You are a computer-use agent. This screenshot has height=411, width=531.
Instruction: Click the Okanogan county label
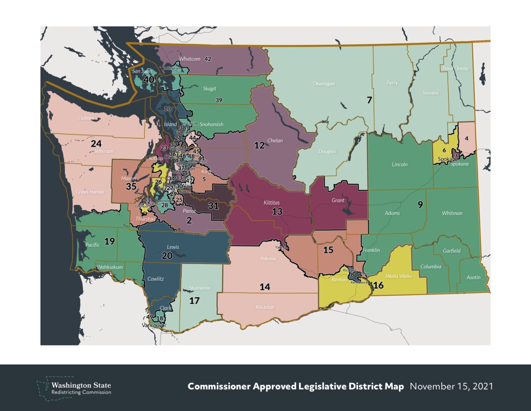[x=324, y=84]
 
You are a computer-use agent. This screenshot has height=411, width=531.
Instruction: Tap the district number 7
[x=369, y=100]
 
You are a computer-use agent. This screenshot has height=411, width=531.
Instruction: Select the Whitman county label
[x=452, y=213]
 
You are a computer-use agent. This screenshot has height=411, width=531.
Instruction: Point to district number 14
[x=265, y=287]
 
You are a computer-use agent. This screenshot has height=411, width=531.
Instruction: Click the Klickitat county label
[x=265, y=307]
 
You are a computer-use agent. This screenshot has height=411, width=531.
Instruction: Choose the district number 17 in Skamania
[x=194, y=301]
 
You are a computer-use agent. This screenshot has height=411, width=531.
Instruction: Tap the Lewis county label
[x=173, y=247]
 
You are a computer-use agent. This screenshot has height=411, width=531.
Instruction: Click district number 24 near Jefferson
[x=96, y=143]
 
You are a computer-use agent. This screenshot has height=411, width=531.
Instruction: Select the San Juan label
[x=142, y=71]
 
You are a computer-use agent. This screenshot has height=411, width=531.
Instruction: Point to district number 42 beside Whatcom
[x=208, y=59]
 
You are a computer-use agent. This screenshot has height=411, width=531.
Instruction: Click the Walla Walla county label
[x=398, y=276]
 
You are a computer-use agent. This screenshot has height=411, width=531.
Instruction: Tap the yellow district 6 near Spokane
[x=444, y=150]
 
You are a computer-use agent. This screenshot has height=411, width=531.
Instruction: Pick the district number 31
[x=213, y=206]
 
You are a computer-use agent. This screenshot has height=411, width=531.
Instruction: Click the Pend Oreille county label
[x=455, y=68]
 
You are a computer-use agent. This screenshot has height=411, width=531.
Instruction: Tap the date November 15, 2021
[x=451, y=386]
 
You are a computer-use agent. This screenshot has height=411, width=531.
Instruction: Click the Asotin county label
[x=473, y=278]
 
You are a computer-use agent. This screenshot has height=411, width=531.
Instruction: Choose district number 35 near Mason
[x=131, y=186]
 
